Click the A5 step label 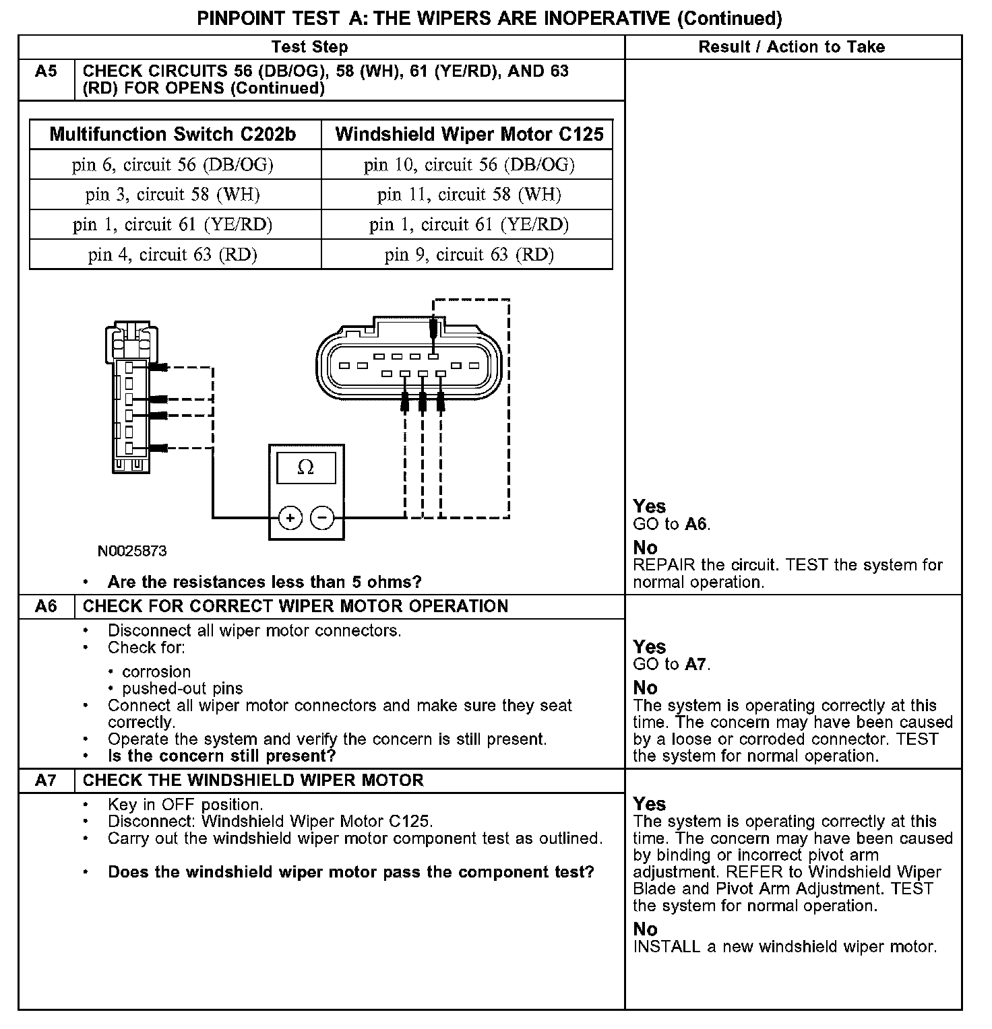click(x=46, y=71)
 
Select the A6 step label click(x=46, y=606)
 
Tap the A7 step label click(x=46, y=781)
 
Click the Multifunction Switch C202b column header click(x=173, y=135)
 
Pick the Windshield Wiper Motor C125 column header click(x=469, y=135)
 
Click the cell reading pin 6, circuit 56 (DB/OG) click(x=173, y=165)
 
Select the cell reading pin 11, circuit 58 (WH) click(x=469, y=195)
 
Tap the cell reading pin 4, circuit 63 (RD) click(x=173, y=255)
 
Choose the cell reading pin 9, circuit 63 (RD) click(x=469, y=255)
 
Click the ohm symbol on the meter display click(x=306, y=467)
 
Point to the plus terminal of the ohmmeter click(x=290, y=518)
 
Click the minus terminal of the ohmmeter click(x=322, y=518)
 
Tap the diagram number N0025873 click(x=132, y=551)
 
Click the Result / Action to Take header click(x=792, y=47)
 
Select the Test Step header click(x=310, y=47)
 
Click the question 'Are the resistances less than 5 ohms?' click(x=265, y=582)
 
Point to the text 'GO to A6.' click(x=672, y=524)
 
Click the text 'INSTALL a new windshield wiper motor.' click(x=785, y=947)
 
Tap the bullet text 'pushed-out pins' click(x=183, y=689)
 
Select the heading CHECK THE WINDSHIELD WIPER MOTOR click(x=253, y=781)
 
